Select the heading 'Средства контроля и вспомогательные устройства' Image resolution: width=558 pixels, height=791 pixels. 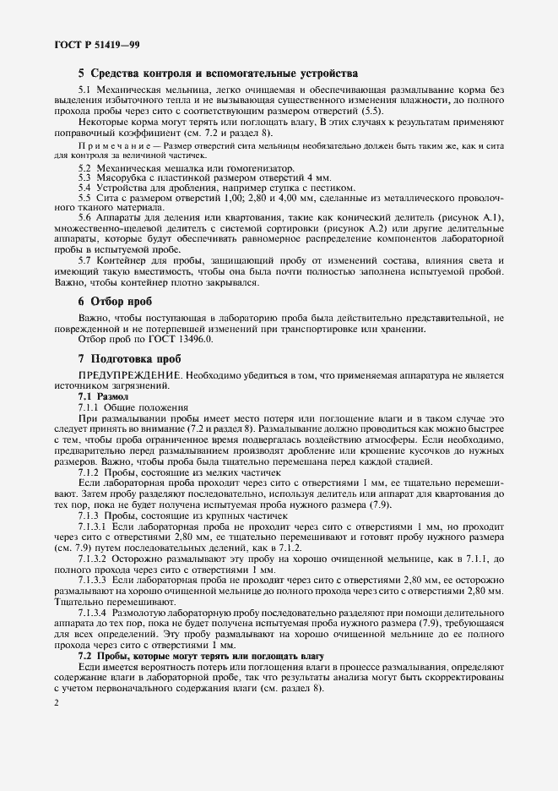218,74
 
